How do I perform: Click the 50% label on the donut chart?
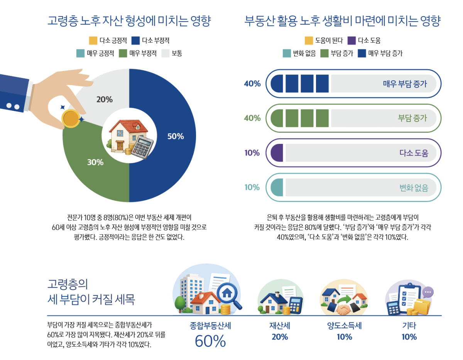176,136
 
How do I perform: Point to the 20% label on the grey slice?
105,100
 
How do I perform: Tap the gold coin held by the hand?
71,119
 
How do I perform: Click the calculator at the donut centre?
142,147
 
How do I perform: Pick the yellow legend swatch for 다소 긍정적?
93,41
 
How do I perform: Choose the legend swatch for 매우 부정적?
123,53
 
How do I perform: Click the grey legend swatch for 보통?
166,53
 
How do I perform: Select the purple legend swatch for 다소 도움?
351,41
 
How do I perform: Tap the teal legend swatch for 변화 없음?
287,53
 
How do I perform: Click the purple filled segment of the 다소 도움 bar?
277,153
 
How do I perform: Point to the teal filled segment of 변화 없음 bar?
277,188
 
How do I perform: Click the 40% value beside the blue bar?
252,83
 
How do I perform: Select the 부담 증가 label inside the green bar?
412,118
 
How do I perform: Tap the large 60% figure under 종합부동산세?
210,341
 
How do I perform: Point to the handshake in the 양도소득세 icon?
343,309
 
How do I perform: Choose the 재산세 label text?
280,326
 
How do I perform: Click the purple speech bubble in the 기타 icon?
428,292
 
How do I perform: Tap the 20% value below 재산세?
280,337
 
